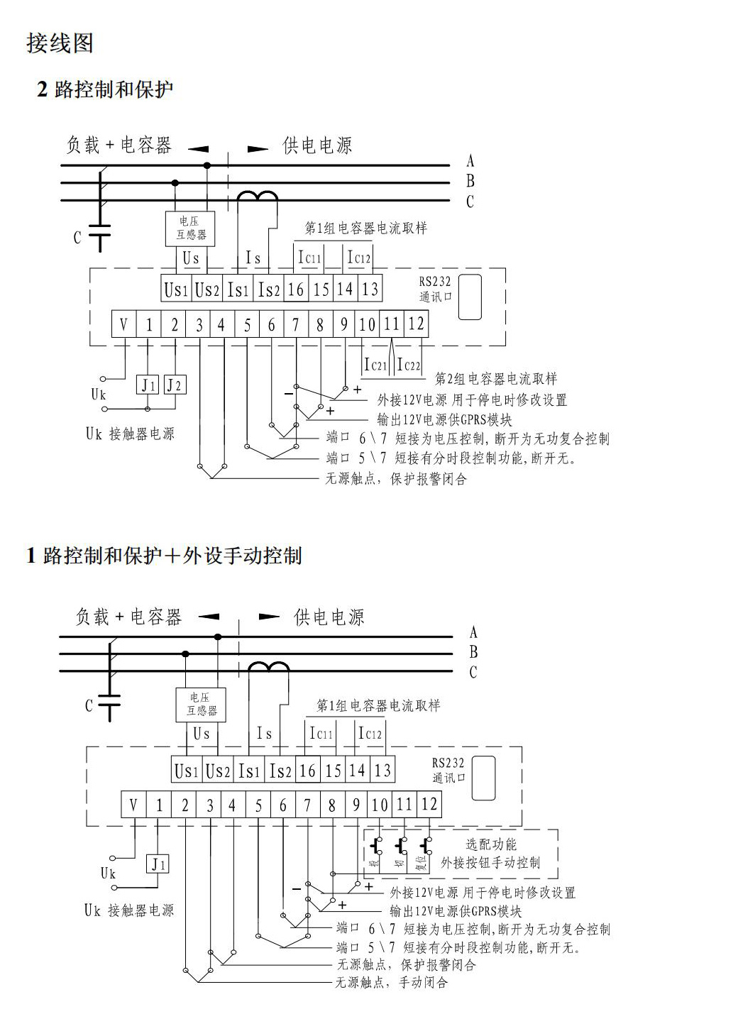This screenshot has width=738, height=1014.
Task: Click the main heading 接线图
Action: (60, 43)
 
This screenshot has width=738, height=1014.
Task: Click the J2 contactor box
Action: (174, 385)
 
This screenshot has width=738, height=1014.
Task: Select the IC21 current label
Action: (375, 365)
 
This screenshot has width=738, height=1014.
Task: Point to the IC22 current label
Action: (409, 365)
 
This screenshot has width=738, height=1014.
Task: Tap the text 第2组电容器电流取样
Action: (496, 379)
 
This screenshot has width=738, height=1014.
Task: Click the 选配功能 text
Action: (491, 844)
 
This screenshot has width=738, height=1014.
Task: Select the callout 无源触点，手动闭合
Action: (392, 983)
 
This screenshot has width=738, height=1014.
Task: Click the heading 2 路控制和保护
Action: (105, 89)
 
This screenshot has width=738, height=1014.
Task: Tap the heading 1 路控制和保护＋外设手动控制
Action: (164, 555)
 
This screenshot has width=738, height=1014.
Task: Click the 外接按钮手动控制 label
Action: (490, 863)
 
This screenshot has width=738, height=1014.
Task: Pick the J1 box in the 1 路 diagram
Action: (158, 864)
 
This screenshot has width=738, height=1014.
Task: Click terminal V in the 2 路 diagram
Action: (123, 325)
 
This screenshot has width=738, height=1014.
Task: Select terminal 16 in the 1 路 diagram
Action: (307, 771)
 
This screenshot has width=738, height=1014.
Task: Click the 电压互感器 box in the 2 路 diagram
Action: (189, 228)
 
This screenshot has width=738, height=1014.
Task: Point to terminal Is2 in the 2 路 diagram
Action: (269, 290)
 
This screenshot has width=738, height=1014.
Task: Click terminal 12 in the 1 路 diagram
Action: (429, 805)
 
